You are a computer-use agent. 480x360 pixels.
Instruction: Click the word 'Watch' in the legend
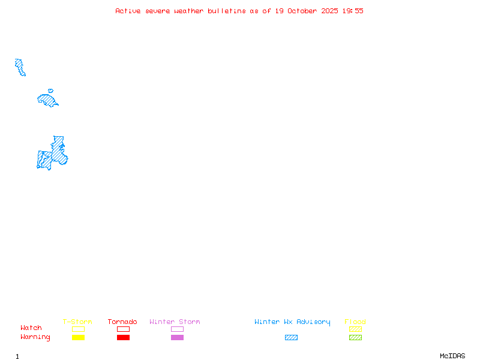click(x=31, y=328)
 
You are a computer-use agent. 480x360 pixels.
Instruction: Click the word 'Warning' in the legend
click(x=35, y=337)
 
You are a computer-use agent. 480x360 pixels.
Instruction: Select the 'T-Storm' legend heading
click(x=77, y=322)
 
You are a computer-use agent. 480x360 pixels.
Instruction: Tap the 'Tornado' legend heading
click(x=122, y=322)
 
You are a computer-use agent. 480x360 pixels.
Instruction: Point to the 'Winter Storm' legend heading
click(x=175, y=322)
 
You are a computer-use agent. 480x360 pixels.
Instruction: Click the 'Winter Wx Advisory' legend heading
click(x=292, y=322)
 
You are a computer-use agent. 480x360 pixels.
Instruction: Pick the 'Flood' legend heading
click(x=355, y=322)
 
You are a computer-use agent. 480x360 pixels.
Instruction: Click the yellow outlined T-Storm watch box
click(x=78, y=329)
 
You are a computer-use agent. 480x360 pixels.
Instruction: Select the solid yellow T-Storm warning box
click(x=78, y=337)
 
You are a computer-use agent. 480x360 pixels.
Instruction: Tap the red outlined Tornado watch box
click(x=123, y=329)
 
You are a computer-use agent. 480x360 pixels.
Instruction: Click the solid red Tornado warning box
click(x=123, y=337)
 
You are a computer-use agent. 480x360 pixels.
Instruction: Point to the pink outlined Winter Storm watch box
click(x=177, y=329)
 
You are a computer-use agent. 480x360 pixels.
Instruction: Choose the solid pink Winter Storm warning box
click(x=177, y=337)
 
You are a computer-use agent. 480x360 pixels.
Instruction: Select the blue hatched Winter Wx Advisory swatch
click(x=291, y=337)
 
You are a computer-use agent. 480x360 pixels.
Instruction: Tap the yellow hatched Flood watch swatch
click(x=355, y=329)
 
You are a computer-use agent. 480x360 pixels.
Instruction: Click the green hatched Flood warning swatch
click(x=355, y=337)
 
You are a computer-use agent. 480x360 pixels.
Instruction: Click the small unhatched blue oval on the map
click(x=50, y=91)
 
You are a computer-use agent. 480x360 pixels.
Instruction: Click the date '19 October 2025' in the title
click(x=307, y=11)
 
